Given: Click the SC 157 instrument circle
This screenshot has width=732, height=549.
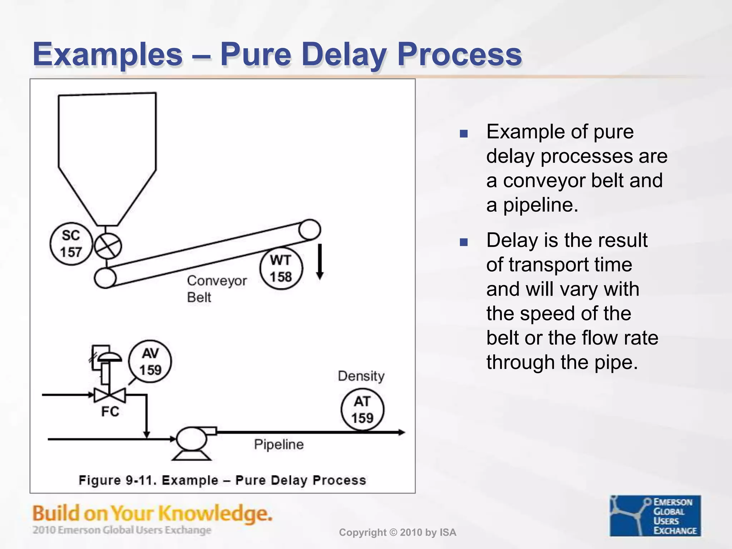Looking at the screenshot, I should [71, 244].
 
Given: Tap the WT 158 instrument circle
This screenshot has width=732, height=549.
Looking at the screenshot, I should [281, 268].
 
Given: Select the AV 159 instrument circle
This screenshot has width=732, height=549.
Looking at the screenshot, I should [150, 361].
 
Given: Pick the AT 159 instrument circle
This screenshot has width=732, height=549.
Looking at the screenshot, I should [362, 410].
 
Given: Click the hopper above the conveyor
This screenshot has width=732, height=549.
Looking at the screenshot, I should [107, 150].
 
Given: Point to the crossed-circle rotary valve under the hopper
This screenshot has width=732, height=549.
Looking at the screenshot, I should [108, 246].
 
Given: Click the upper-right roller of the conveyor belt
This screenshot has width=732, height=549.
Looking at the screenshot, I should [309, 229].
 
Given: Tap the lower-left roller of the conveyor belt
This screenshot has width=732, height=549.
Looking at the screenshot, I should [105, 278].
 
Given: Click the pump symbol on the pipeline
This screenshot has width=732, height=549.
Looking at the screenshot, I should [192, 439].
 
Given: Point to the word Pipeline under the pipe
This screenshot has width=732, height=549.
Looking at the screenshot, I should [279, 444].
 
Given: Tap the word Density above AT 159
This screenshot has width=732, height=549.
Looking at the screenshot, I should [361, 376].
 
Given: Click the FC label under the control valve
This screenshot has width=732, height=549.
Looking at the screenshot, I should [110, 411].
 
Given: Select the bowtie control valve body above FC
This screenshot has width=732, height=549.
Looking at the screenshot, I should [110, 395].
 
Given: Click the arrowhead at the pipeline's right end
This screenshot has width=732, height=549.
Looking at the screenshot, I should [402, 432].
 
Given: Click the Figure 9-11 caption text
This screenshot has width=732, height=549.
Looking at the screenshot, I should [222, 480].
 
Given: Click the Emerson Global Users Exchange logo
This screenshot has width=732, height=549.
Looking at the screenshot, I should [655, 515].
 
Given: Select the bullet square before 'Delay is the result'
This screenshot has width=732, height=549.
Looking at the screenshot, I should [464, 243].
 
